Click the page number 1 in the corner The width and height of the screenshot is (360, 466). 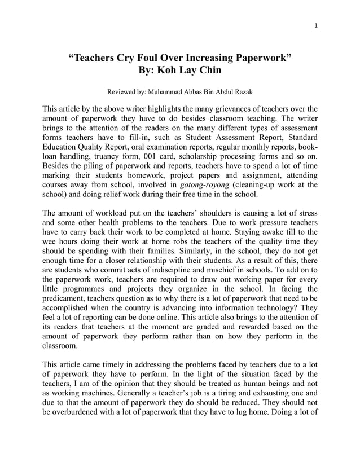[315, 25]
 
